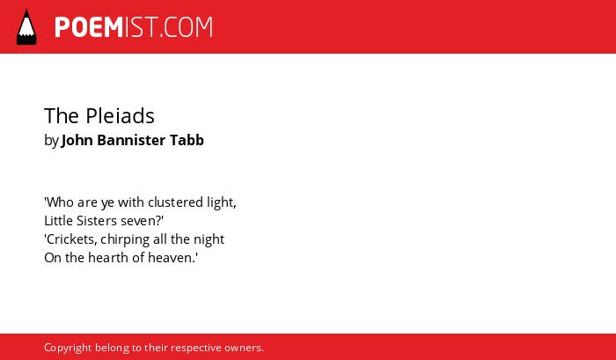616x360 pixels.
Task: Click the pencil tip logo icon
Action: [x=26, y=26]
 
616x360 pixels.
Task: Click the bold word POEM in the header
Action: [x=89, y=27]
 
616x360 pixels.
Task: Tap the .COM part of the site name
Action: [x=186, y=27]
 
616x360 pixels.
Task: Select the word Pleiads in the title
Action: [x=120, y=116]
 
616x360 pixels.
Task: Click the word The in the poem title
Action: [x=62, y=116]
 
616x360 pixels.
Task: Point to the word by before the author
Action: [x=51, y=141]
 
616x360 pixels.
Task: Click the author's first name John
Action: [x=77, y=140]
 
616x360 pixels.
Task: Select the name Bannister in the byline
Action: [x=131, y=140]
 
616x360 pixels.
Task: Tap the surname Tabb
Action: [x=187, y=140]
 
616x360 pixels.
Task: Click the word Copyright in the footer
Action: [x=68, y=349]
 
